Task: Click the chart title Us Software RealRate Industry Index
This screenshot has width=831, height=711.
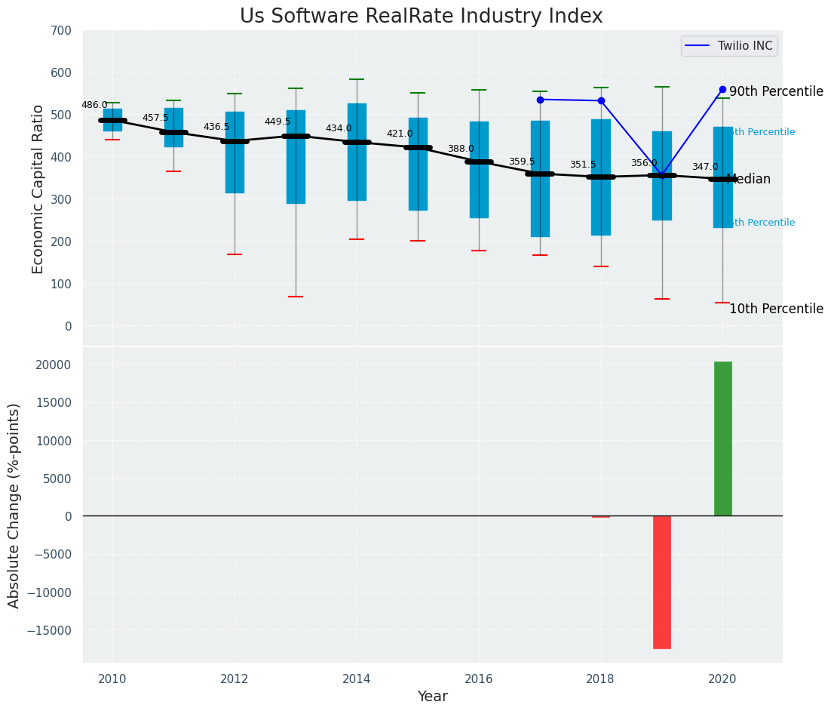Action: coord(421,17)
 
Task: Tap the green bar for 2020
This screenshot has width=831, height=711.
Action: coord(722,439)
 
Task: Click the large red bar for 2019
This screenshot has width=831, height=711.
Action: coord(662,582)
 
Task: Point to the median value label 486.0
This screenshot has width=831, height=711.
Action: coord(94,106)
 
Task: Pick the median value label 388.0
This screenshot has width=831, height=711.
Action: coord(461,149)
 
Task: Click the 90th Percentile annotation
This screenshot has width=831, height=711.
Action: coord(776,91)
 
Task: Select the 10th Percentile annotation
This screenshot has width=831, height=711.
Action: coord(776,309)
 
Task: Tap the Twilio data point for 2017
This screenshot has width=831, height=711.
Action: coord(540,100)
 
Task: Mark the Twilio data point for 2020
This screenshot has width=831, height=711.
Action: coord(722,89)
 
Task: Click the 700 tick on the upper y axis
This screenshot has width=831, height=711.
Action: coord(61,31)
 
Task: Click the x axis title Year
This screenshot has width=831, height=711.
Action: coord(433,697)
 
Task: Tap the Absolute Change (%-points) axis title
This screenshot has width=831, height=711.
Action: coord(14,505)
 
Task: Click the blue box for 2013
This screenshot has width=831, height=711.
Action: coord(296,157)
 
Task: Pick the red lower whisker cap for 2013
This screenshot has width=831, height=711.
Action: coord(296,297)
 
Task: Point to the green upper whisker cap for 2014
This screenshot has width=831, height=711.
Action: coord(357,79)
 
